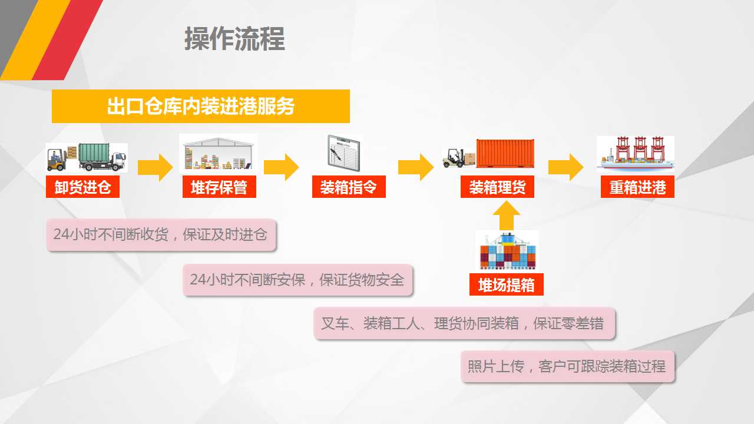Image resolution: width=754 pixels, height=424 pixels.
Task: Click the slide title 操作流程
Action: (234, 39)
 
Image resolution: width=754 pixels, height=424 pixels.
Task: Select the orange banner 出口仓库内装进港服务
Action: (201, 106)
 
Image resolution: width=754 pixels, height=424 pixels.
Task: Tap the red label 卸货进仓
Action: (82, 187)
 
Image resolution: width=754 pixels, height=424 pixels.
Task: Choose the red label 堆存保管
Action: (219, 187)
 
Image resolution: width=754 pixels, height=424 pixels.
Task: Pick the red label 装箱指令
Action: (349, 187)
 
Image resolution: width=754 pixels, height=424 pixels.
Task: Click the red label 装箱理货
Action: (497, 187)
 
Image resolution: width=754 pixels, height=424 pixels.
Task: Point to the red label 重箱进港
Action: (637, 187)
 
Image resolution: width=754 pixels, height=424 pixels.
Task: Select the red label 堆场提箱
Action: (506, 284)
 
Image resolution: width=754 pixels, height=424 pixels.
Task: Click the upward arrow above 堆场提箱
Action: (506, 216)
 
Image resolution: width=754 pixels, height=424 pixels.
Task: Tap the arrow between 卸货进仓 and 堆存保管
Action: (155, 167)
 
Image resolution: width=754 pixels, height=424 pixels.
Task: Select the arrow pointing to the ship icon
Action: (566, 167)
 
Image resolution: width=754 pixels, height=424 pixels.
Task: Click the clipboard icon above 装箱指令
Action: (344, 153)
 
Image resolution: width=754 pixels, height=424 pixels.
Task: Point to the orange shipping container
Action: (505, 154)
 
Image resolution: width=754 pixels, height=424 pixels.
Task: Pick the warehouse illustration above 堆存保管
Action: (218, 154)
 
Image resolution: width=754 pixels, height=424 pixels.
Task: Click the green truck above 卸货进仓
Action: (102, 157)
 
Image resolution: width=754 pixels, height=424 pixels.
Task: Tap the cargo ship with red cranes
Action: (636, 154)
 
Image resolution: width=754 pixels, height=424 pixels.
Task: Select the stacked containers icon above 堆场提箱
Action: (507, 250)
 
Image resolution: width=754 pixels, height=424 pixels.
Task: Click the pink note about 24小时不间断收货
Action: (161, 234)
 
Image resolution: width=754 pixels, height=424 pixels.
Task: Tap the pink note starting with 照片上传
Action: (568, 366)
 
